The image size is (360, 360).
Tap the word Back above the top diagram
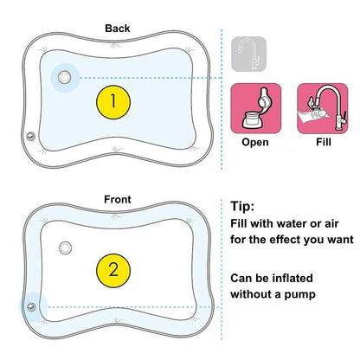click(x=118, y=28)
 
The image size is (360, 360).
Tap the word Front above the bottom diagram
click(x=118, y=199)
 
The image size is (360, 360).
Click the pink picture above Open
click(x=254, y=109)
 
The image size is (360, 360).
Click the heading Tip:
click(x=245, y=207)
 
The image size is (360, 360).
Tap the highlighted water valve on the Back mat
click(x=63, y=77)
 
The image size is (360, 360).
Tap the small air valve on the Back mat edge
click(x=31, y=135)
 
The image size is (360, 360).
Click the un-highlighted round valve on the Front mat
click(x=65, y=250)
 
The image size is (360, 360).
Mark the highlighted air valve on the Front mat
click(x=33, y=306)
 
